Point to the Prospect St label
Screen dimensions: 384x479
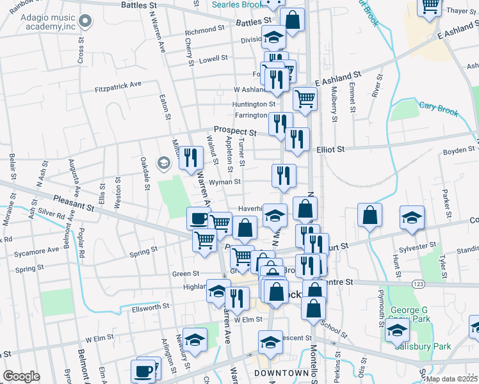tap(235, 131)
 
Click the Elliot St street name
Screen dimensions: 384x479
tap(330, 148)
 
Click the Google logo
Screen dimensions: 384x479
tap(21, 376)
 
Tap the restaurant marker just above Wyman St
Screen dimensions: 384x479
tap(283, 175)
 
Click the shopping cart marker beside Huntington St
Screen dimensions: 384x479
tap(305, 99)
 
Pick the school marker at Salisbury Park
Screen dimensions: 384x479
tap(398, 331)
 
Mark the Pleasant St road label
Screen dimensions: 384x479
tap(74, 204)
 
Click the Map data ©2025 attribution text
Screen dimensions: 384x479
tap(451, 379)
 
